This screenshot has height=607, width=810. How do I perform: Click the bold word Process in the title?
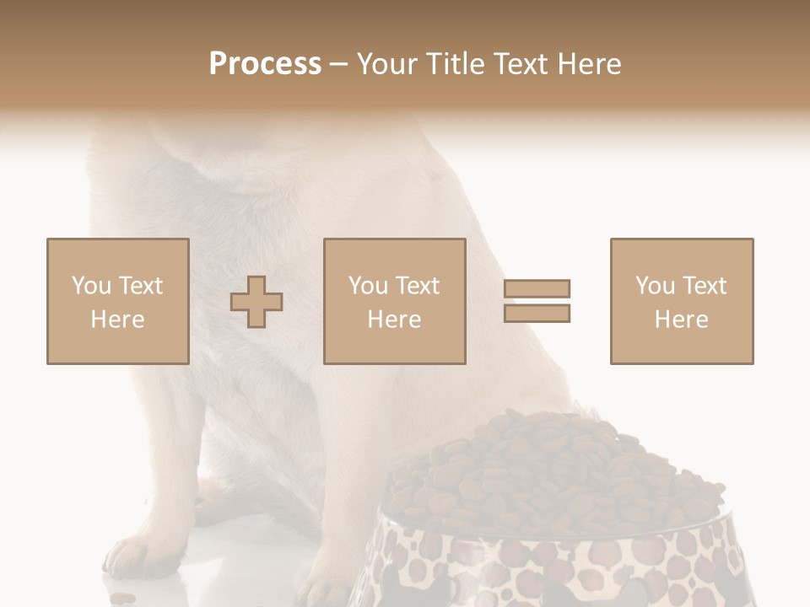click(265, 64)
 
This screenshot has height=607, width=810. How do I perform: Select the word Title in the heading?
click(456, 64)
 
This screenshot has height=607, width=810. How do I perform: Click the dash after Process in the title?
click(338, 65)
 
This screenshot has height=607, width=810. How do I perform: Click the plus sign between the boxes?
click(256, 301)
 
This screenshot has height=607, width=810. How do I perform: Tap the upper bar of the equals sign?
click(537, 289)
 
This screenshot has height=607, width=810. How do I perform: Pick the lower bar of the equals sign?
click(537, 314)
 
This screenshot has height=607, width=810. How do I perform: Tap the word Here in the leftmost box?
click(117, 320)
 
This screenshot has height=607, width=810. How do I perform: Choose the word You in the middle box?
click(368, 286)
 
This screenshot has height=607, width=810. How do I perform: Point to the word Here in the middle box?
click(394, 320)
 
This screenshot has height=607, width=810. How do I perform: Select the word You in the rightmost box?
click(655, 286)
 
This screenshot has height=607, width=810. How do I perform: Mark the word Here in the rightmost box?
click(681, 320)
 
